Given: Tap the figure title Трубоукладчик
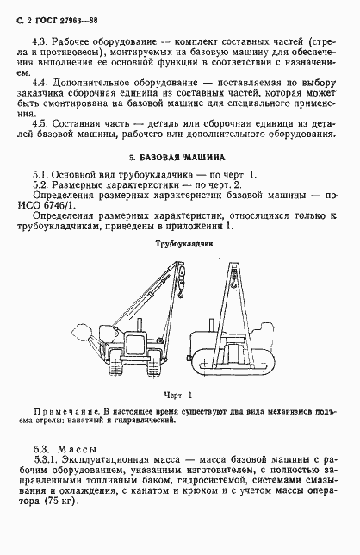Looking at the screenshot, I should click(x=179, y=243).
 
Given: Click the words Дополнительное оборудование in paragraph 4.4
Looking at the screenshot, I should click(x=103, y=85).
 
